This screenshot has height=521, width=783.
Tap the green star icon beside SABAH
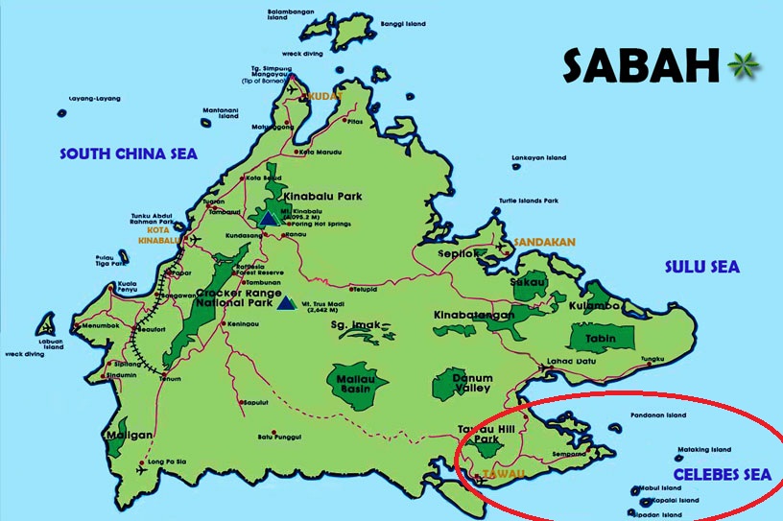pos(742,66)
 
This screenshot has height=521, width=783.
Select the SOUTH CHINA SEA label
pos(128,154)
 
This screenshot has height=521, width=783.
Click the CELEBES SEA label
pos(722,474)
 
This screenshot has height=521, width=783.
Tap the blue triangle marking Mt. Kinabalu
pos(270,219)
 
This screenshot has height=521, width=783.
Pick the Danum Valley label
pos(472,384)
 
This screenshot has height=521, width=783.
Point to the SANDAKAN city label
pos(544,243)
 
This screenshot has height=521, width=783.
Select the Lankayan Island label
pos(540,156)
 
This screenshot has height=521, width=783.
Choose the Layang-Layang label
pos(92,99)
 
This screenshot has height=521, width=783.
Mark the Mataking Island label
pos(704,448)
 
